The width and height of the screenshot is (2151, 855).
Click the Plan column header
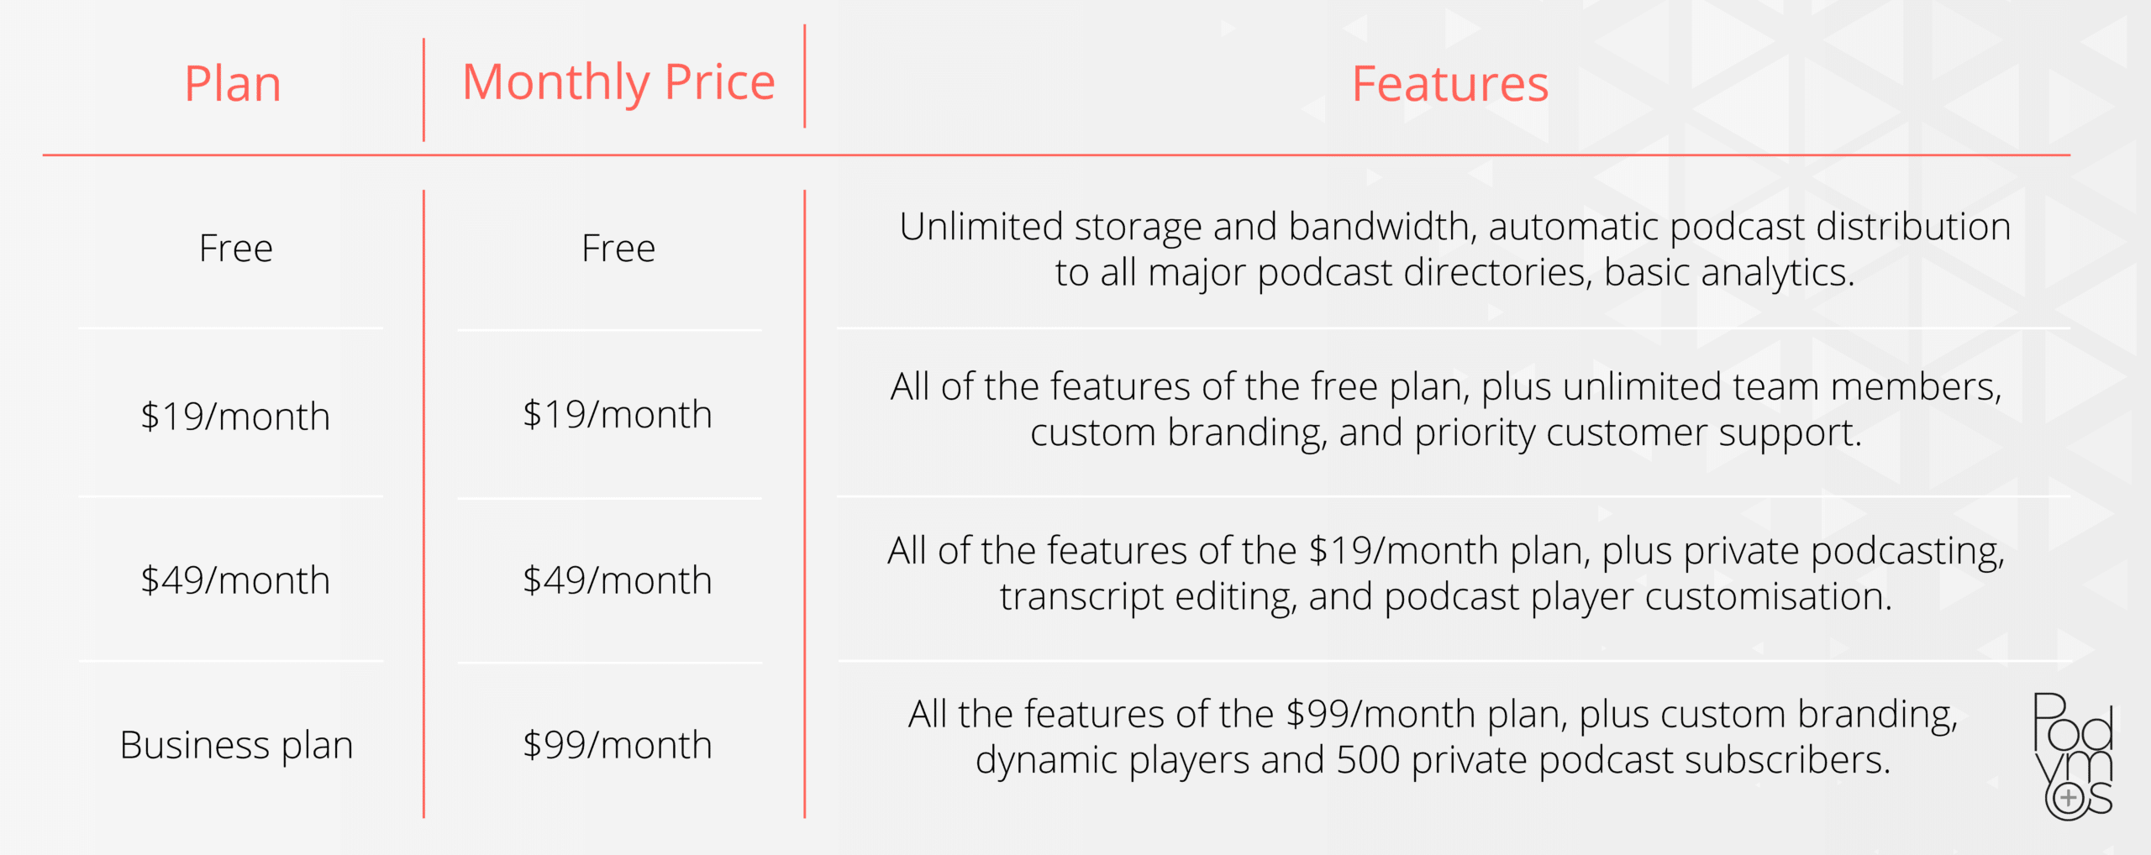[233, 84]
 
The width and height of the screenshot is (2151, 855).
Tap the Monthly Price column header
[618, 82]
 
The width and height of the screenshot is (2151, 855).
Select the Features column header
[1450, 84]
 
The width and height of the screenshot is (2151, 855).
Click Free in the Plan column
[236, 249]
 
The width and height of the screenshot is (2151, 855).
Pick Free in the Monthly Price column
[618, 249]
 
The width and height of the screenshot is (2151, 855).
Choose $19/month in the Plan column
[235, 417]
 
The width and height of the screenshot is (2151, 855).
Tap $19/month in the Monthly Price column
[618, 414]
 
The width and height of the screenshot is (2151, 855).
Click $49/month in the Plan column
[235, 580]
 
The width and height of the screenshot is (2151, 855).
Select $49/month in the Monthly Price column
[618, 580]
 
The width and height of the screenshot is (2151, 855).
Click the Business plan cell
[236, 746]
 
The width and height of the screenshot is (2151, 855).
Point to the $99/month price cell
[618, 745]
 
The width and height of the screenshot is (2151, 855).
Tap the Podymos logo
[2073, 756]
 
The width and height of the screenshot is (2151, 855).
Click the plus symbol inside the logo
[2069, 798]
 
